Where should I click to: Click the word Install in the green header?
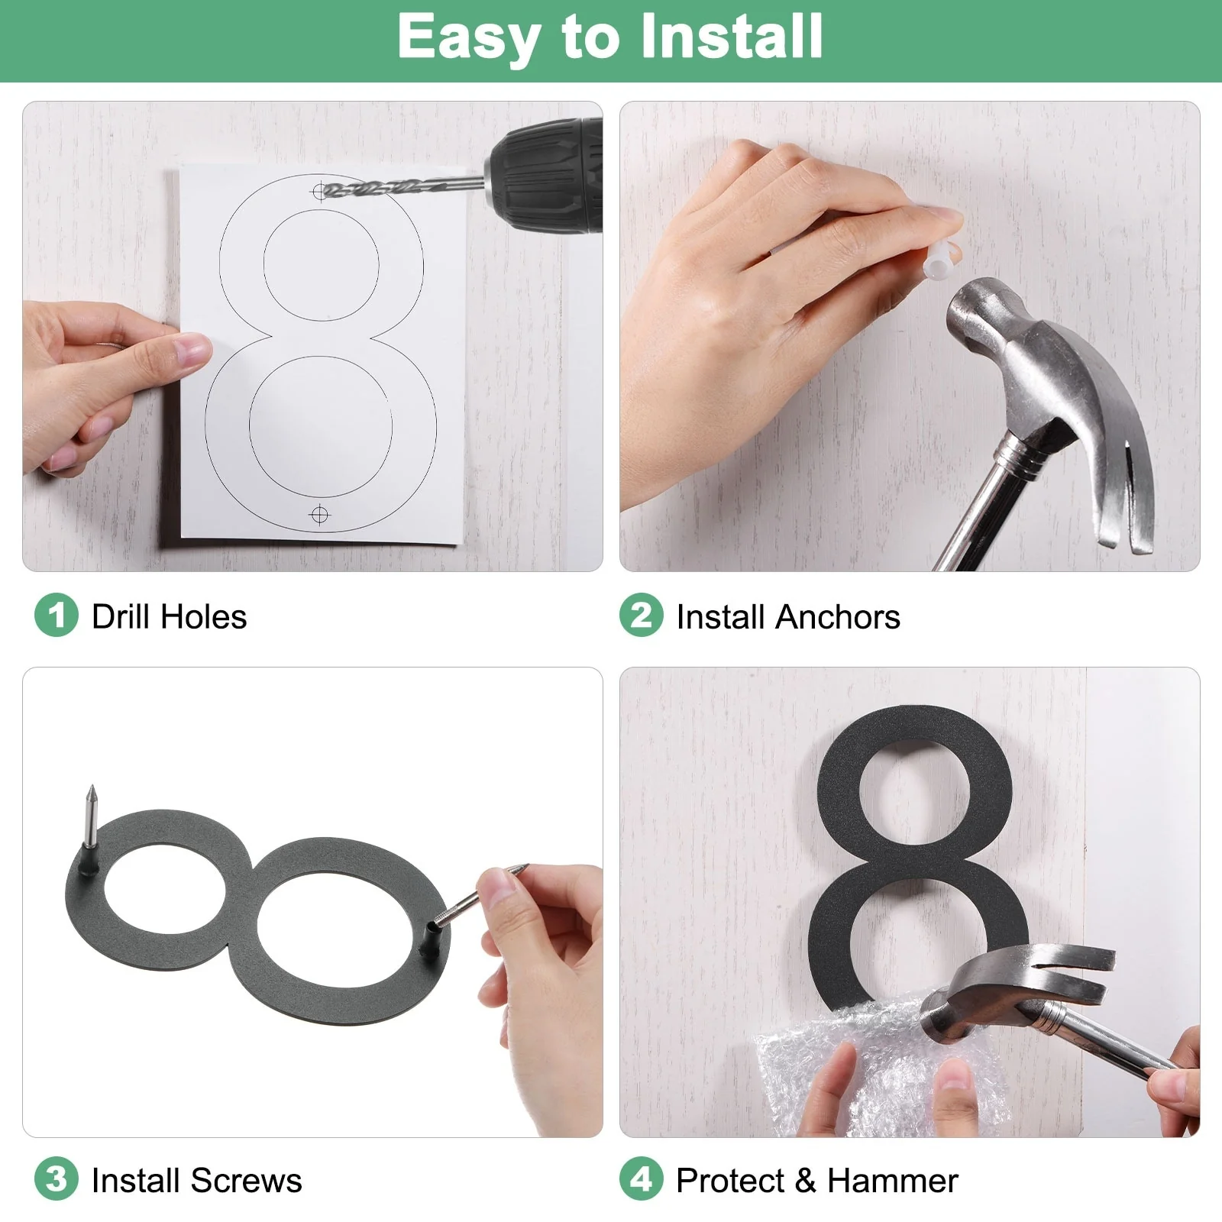pos(731,36)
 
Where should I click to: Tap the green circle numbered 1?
pos(57,615)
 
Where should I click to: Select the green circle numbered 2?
pos(642,615)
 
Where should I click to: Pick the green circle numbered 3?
pos(57,1178)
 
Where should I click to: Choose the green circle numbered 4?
pos(642,1178)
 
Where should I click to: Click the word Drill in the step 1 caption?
pos(121,616)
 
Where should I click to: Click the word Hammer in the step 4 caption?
pos(893,1180)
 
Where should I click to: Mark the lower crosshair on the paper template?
pos(320,516)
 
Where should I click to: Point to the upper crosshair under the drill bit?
pos(319,191)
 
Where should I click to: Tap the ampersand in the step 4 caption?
pos(805,1180)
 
